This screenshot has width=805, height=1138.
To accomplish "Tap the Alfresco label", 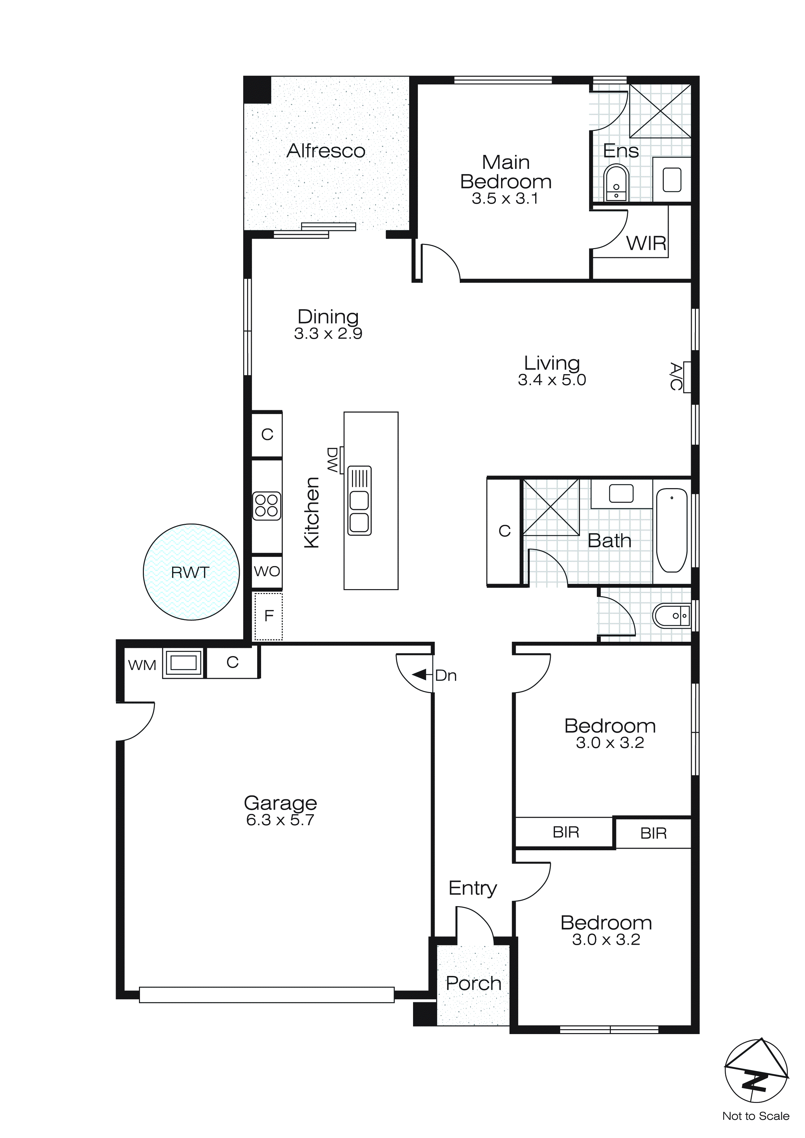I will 326,151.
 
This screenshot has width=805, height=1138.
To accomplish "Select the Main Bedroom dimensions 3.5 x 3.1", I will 505,199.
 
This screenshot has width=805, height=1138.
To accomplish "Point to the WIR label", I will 646,243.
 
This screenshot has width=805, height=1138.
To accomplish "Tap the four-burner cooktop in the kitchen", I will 267,506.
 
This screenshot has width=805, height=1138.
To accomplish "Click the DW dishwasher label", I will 332,460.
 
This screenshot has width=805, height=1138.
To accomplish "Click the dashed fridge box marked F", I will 268,616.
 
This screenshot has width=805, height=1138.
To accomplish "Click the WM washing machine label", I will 142,665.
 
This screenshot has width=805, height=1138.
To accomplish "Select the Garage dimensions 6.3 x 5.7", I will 280,820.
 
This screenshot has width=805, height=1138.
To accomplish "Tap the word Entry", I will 472,888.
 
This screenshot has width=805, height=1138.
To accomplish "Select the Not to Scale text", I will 755,1116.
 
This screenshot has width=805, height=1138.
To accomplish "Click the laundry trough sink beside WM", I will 183,663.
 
